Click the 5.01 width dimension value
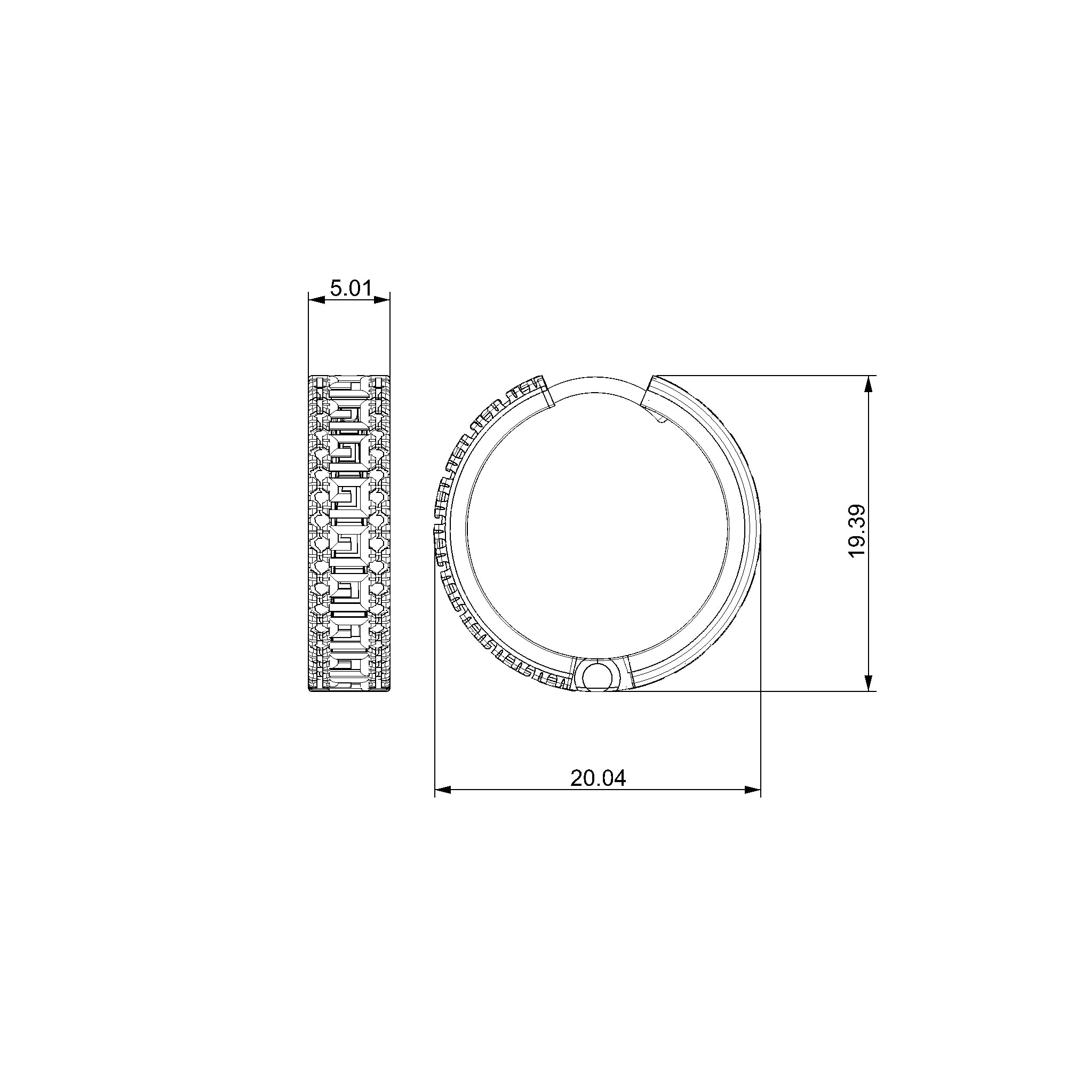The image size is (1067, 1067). coord(351,288)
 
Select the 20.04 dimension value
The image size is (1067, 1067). coord(598,778)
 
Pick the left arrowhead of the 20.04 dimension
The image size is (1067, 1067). coord(443,790)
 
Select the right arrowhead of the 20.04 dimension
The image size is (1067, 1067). coord(753,790)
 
